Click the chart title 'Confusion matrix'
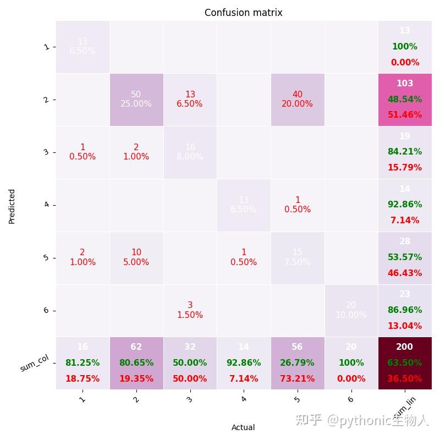tap(243, 13)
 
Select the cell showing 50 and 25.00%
tap(136, 100)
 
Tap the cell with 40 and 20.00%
tap(298, 100)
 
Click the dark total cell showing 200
tap(405, 363)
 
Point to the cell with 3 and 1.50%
tap(190, 310)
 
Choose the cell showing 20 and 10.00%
tap(351, 310)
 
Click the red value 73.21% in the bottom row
tap(298, 379)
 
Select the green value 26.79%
tap(298, 363)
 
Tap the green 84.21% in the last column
tap(405, 152)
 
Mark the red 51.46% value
tap(405, 115)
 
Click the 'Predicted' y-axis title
tap(12, 206)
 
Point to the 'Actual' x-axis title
tap(243, 427)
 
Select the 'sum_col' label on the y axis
tap(35, 364)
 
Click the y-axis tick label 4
tap(46, 205)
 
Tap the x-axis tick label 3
tap(190, 400)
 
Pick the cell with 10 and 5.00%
tap(136, 257)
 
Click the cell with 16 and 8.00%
tap(190, 152)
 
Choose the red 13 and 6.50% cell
tap(190, 100)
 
